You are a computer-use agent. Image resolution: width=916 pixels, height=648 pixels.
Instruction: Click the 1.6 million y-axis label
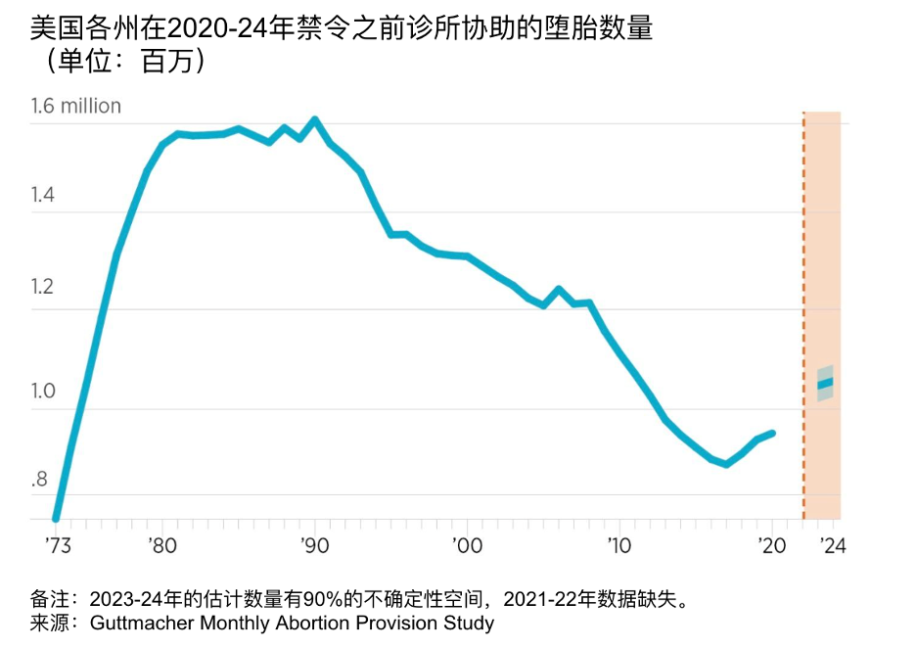pos(76,106)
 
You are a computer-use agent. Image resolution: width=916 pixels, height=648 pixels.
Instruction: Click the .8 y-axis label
pos(39,480)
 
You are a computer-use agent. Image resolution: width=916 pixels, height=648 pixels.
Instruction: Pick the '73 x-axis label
pos(59,544)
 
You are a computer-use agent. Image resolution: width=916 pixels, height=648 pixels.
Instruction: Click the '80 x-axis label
pos(162,544)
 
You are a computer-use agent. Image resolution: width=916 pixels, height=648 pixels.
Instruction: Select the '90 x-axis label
pos(314,544)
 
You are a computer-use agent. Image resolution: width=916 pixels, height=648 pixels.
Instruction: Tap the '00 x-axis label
pos(467,544)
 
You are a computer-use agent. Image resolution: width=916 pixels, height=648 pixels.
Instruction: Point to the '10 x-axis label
pos(618,544)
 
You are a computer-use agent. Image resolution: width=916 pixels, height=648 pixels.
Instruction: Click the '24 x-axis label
pos(831,544)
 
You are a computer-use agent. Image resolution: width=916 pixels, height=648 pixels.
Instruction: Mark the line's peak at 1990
pos(314,120)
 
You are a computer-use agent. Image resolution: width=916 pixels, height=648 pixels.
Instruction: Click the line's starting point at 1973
pos(56,518)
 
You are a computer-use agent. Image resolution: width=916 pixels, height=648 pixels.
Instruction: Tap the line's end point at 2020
pos(773,433)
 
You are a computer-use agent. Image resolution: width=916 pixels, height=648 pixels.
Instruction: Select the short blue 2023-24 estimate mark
pos(825,383)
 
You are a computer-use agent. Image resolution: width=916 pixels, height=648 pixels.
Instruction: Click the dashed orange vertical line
pos(803,313)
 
